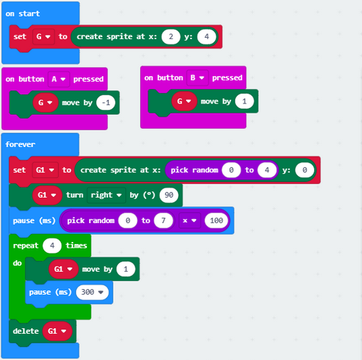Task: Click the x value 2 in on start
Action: click(x=171, y=37)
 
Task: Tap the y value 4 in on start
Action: click(x=206, y=37)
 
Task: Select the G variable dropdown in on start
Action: click(x=43, y=37)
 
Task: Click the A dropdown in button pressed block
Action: click(x=59, y=79)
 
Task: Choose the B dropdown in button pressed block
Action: click(x=198, y=78)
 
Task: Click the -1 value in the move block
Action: click(x=106, y=103)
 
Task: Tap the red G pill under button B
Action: click(x=184, y=101)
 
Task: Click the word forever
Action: click(x=20, y=144)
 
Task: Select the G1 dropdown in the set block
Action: click(x=45, y=170)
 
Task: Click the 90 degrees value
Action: click(x=169, y=195)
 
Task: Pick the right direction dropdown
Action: click(x=106, y=195)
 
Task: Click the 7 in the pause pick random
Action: click(x=164, y=220)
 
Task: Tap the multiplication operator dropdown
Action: click(x=190, y=220)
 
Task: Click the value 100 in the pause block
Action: click(x=216, y=220)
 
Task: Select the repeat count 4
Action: click(x=52, y=246)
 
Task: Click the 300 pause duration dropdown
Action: click(x=92, y=292)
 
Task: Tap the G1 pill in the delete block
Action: click(x=57, y=331)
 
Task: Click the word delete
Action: click(x=26, y=331)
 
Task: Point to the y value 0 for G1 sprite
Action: click(x=305, y=170)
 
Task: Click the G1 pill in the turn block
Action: click(x=47, y=195)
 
